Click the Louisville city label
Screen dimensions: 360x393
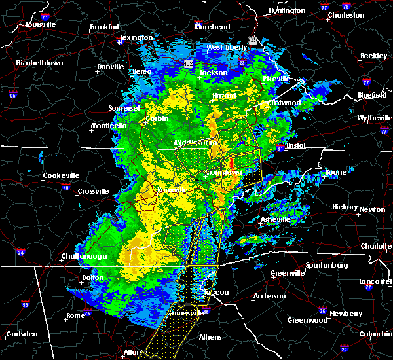[x=41, y=25]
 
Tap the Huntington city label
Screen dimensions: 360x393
[x=287, y=11]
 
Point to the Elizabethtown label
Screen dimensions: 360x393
[x=39, y=63]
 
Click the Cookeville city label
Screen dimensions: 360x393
[x=61, y=175]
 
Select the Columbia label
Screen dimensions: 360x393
[x=376, y=334]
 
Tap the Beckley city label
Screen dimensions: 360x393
[x=373, y=56]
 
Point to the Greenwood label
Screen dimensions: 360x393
[x=308, y=321]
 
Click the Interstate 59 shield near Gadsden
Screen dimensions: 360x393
[x=25, y=304]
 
